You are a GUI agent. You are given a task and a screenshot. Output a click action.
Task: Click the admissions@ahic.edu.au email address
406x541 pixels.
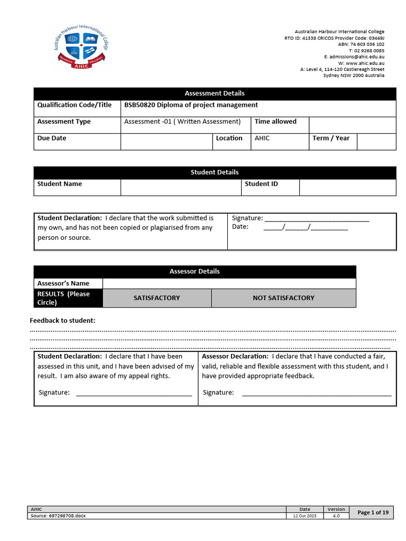point(354,57)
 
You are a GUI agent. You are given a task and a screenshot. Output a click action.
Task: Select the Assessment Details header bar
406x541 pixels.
point(215,94)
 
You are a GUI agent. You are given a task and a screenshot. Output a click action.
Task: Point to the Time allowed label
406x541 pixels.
point(275,122)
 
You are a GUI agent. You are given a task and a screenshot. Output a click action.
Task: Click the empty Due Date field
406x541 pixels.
point(166,141)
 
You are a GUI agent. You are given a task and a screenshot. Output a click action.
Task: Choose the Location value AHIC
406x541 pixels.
point(262,138)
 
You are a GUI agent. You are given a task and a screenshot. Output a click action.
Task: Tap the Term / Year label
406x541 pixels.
point(331,138)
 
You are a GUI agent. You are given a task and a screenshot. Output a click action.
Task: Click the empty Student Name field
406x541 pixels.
point(180,187)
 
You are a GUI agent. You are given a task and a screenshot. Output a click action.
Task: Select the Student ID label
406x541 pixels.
point(261,184)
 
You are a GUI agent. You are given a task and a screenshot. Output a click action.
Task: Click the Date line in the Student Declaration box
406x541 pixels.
point(305,228)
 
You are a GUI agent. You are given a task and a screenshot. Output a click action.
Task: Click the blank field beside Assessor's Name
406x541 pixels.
point(229,284)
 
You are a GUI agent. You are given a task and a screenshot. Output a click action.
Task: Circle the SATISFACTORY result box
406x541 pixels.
point(156,298)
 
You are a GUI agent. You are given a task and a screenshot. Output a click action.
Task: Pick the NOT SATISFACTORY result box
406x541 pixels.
point(283,298)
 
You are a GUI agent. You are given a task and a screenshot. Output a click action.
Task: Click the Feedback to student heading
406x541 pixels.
point(62,321)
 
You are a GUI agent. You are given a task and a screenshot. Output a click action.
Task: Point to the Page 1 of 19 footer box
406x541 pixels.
point(373,512)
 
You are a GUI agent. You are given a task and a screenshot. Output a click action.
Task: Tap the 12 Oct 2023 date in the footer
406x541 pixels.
point(305,516)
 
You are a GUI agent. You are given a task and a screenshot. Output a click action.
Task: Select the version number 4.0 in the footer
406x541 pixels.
point(336,516)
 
